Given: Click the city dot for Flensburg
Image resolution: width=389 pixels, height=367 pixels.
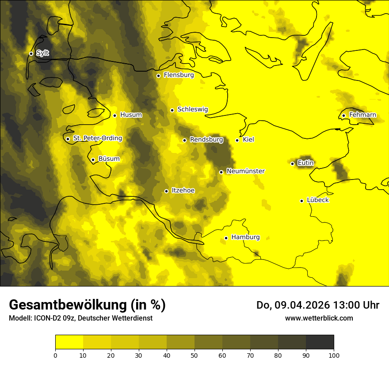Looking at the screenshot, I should pyautogui.click(x=158, y=76).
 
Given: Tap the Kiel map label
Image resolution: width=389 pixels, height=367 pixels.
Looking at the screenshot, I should pyautogui.click(x=248, y=140).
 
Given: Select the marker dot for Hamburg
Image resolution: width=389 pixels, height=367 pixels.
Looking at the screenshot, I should pyautogui.click(x=226, y=238).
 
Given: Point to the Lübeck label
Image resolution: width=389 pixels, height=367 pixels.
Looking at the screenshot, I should pyautogui.click(x=318, y=200).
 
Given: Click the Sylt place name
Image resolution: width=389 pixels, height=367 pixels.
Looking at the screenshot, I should pyautogui.click(x=43, y=53).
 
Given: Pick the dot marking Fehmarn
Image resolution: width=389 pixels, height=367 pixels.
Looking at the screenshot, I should pyautogui.click(x=343, y=116).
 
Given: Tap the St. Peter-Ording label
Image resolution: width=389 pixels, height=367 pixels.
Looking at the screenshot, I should pyautogui.click(x=98, y=138).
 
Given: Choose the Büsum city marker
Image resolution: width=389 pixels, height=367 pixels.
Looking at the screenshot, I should pyautogui.click(x=93, y=160).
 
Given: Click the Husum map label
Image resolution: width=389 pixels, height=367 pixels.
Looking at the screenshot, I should pyautogui.click(x=131, y=115).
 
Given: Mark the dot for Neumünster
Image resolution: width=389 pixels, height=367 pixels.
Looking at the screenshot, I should pyautogui.click(x=221, y=172).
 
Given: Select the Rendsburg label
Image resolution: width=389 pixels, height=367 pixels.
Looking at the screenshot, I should pyautogui.click(x=206, y=140).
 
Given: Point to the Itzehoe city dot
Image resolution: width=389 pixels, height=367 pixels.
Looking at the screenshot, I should pyautogui.click(x=166, y=191).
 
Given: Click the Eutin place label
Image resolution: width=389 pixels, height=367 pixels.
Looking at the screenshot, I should pyautogui.click(x=305, y=163).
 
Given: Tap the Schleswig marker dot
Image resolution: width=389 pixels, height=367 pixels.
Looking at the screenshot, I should pyautogui.click(x=172, y=110).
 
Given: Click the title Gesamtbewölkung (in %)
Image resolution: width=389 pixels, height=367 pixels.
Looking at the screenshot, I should pyautogui.click(x=87, y=305).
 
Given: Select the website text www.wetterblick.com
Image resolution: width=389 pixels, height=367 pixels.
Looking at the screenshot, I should pyautogui.click(x=319, y=318).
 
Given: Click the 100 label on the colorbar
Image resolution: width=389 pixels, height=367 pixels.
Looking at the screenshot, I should pyautogui.click(x=334, y=355).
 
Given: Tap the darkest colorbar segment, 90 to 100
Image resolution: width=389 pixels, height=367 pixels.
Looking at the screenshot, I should pyautogui.click(x=320, y=342).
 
